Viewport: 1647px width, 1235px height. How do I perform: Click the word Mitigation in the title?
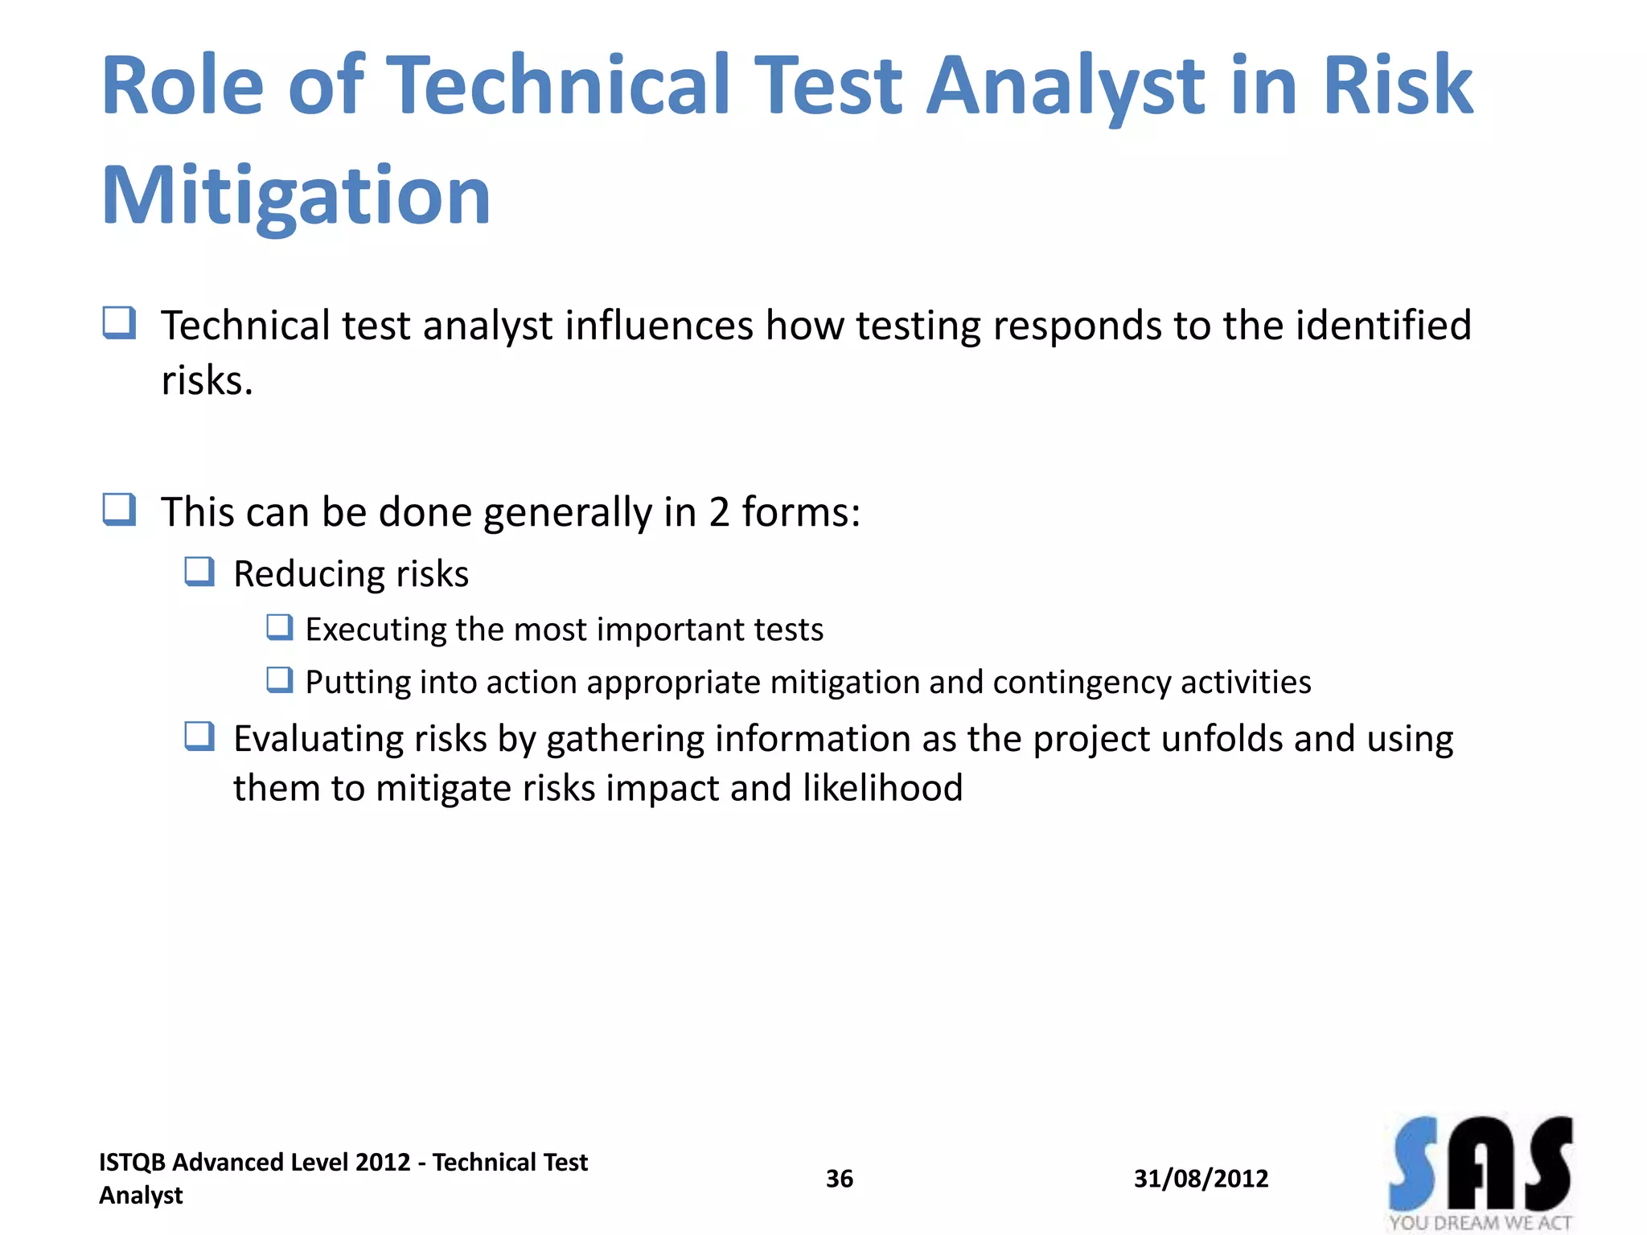pos(295,195)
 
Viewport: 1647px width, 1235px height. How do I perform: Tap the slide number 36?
pos(839,1179)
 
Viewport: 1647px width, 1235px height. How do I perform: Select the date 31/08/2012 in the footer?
pos(1201,1179)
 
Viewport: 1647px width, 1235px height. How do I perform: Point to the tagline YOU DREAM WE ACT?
pos(1480,1223)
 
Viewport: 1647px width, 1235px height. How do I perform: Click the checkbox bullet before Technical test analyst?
pos(119,323)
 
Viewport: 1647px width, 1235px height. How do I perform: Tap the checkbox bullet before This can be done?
pos(119,510)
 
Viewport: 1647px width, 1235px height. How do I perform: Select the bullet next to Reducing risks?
pos(199,572)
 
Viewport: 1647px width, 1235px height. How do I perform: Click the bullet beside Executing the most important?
pos(279,626)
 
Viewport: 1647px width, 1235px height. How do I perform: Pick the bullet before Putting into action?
pos(279,679)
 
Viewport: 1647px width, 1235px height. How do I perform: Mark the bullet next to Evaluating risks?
pos(199,736)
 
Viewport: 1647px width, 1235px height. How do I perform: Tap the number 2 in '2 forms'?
pos(718,512)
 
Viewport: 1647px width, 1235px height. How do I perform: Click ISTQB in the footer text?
pos(132,1163)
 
